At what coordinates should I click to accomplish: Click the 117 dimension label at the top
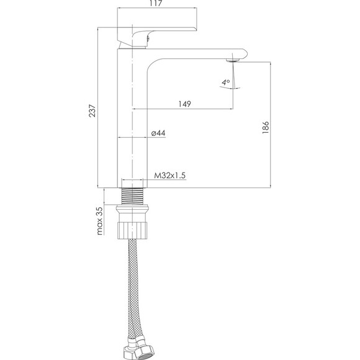[156, 3]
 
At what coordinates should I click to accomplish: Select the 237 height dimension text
[92, 111]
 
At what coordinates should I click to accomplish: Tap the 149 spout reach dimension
[184, 104]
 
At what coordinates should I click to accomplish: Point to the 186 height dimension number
[265, 127]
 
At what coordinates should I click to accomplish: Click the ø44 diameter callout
[158, 133]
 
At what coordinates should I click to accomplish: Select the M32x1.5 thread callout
[169, 176]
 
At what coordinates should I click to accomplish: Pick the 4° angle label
[226, 82]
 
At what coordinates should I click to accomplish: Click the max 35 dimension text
[100, 220]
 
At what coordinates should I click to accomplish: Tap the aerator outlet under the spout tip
[233, 60]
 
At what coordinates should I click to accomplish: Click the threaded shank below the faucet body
[132, 196]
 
